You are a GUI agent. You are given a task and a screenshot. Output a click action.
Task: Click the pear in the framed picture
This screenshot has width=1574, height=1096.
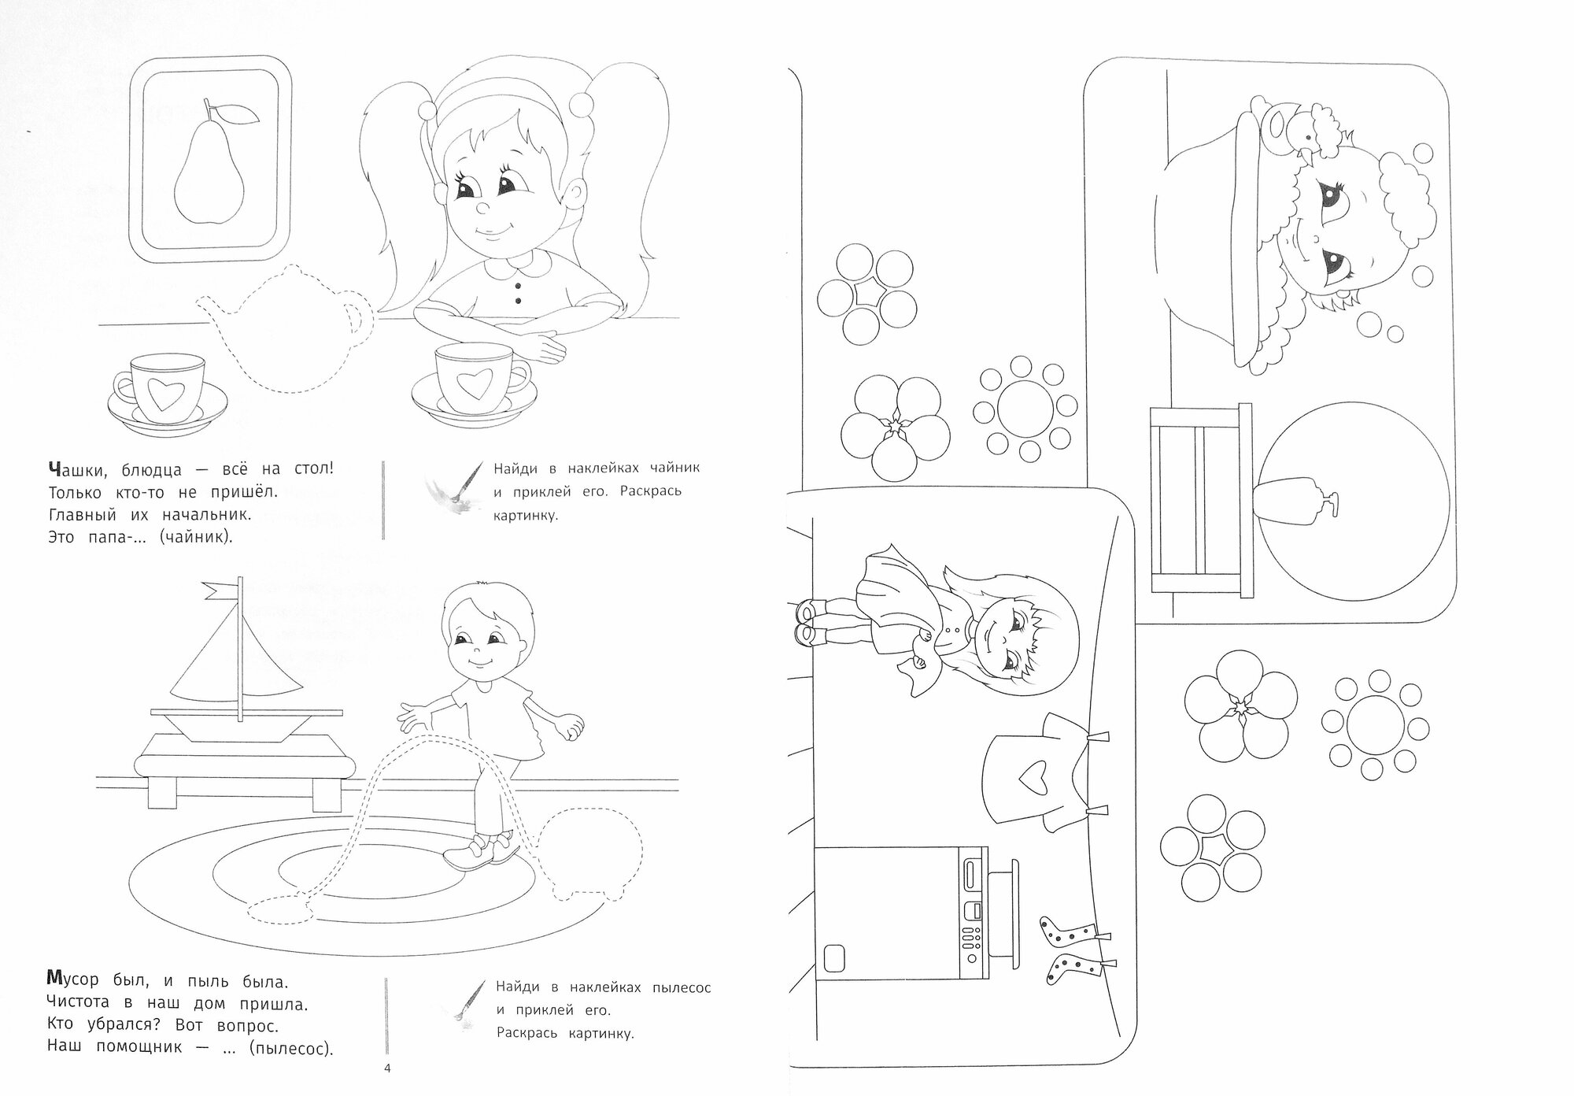[206, 173]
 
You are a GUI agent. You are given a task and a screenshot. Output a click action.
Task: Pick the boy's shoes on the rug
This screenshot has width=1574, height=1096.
[482, 853]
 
